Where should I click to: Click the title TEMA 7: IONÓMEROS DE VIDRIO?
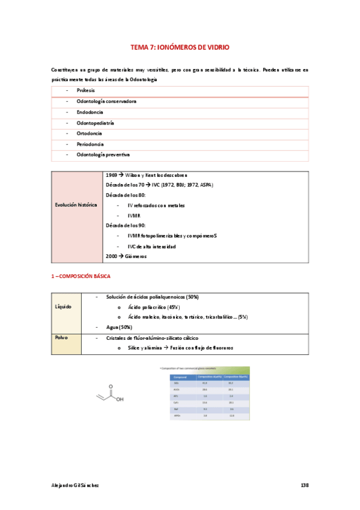coord(180,46)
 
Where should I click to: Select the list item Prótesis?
coord(85,90)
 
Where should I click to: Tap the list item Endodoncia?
coord(90,112)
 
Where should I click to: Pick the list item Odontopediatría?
coord(95,123)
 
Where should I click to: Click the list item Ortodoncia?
coord(89,134)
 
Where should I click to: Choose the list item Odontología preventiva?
coord(103,156)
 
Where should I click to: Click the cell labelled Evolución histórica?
coord(76,205)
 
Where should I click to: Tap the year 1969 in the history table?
coord(111,174)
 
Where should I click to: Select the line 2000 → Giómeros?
coord(126,257)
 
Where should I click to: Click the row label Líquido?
coord(63,307)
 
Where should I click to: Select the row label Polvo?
coord(62,338)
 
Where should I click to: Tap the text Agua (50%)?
coord(118,327)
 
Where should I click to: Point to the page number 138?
coord(304,485)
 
